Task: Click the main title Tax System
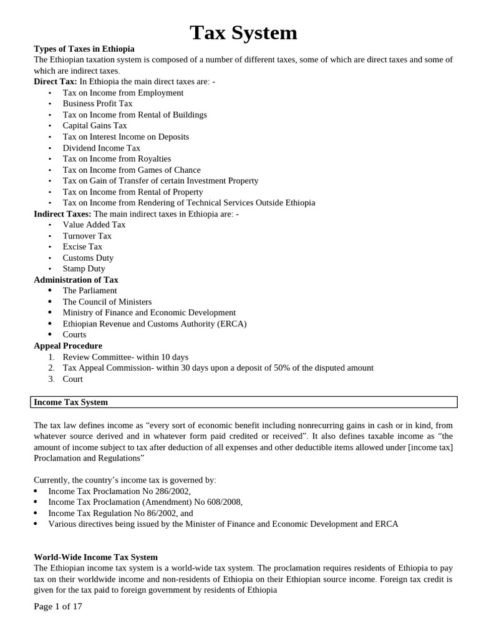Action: coord(243,32)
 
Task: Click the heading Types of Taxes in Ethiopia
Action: coord(84,49)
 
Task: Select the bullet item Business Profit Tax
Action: coord(97,104)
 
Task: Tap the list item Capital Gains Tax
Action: coord(95,125)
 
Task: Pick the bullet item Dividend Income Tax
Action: coord(101,148)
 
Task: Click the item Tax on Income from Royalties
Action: coord(117,159)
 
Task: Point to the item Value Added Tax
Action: coord(94,225)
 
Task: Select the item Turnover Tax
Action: coord(87,236)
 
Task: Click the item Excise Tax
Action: coord(82,246)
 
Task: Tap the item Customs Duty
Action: coord(88,258)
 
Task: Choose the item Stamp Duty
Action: coord(84,268)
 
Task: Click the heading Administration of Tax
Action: coord(75,280)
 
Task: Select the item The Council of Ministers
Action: coord(107,301)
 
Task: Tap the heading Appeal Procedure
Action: coord(68,346)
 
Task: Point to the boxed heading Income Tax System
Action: coord(70,402)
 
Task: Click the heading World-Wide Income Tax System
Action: coord(95,557)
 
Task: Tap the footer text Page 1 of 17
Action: coord(58,606)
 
